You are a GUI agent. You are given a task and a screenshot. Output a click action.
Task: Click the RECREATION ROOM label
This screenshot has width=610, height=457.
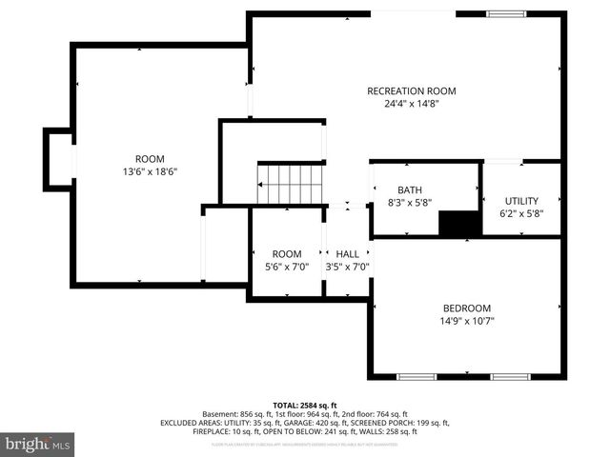click(411, 91)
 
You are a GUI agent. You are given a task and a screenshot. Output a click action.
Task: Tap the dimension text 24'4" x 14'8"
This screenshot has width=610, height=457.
click(411, 105)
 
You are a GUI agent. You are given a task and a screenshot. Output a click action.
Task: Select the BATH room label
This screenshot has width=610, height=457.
click(409, 189)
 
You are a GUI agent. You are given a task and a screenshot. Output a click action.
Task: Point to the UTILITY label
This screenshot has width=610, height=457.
click(521, 201)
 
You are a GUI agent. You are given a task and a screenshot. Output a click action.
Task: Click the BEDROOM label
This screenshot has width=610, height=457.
click(466, 308)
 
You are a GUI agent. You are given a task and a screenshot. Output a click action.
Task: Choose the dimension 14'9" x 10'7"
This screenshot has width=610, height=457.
click(466, 321)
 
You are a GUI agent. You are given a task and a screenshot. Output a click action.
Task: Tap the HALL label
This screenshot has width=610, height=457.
click(347, 254)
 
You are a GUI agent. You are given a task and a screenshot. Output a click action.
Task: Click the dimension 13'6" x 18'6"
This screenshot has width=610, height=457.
click(150, 171)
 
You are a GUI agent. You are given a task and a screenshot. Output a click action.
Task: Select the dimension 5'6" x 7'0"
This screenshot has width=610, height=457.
click(287, 268)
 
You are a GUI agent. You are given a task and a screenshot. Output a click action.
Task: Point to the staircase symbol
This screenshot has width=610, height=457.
click(292, 184)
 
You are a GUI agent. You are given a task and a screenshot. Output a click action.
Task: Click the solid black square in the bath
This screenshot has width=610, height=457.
click(457, 223)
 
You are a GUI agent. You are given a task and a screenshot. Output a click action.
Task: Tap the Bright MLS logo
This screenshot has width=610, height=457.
click(38, 444)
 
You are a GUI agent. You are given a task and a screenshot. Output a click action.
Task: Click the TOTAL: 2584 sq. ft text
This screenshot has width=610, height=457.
click(304, 405)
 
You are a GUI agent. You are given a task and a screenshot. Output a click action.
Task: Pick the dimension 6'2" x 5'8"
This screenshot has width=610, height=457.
click(521, 214)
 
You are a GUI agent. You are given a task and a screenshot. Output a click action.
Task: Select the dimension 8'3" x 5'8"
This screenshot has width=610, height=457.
click(409, 203)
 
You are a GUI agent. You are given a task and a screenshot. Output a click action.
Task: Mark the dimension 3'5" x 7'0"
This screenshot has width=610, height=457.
click(347, 268)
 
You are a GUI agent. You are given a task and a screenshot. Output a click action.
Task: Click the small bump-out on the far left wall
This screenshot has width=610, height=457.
click(57, 155)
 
